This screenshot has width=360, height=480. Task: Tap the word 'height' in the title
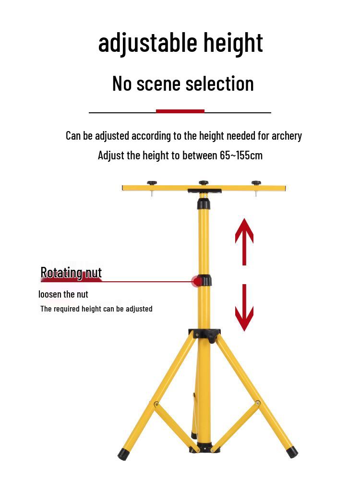233,42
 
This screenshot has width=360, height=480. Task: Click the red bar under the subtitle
180,111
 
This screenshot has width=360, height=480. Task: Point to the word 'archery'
287,136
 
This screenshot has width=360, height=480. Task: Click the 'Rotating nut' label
71,273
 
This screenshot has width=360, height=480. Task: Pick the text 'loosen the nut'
63,294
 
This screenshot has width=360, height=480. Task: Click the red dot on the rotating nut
196,281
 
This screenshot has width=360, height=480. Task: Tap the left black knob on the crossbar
152,183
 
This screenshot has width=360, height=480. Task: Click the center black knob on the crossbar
204,183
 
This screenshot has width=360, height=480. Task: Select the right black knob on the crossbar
256,183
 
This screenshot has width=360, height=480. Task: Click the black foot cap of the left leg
123,454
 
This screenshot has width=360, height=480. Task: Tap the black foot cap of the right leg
292,452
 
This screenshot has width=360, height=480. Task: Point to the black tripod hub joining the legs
205,334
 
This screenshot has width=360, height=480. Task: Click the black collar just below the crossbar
204,204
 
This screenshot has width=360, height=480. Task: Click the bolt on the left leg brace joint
156,405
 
